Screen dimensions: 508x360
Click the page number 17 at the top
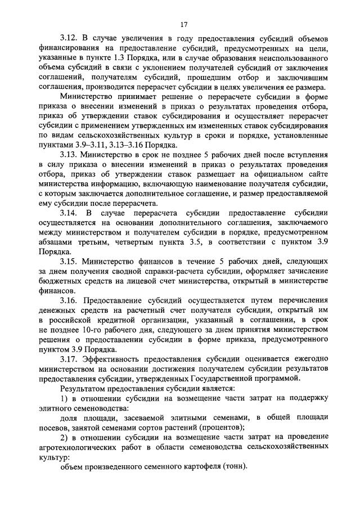(x=183, y=24)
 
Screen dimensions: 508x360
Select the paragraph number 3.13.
(x=70, y=154)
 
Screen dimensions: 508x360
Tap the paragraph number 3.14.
(x=70, y=214)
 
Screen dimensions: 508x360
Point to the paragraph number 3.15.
(x=70, y=262)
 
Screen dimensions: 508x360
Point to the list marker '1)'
(x=65, y=398)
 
